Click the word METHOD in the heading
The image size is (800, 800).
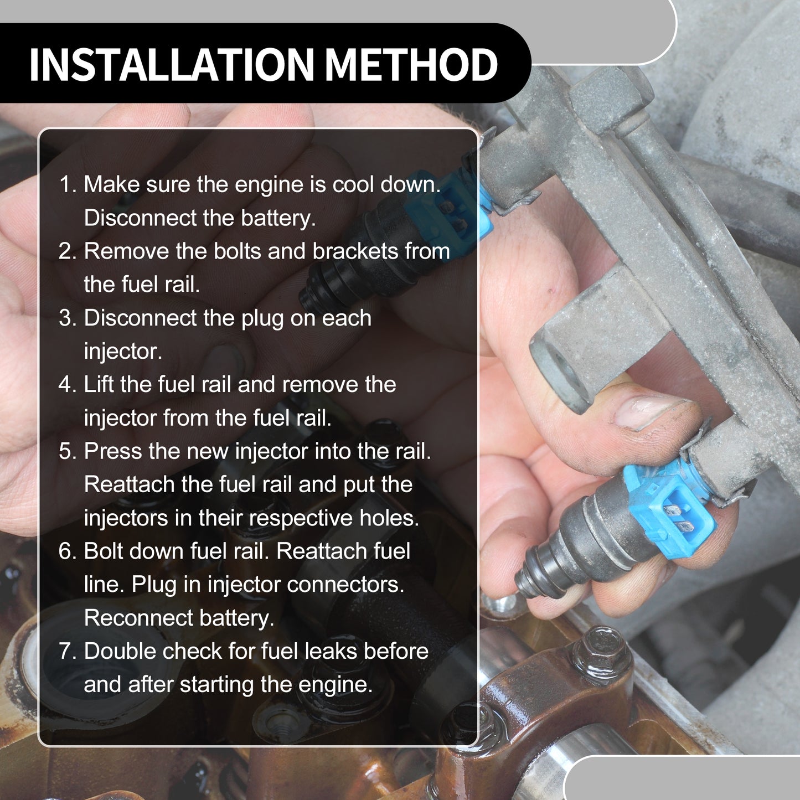point(411,65)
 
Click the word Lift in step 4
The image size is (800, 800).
point(99,384)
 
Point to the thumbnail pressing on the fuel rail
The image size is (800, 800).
point(650,411)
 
